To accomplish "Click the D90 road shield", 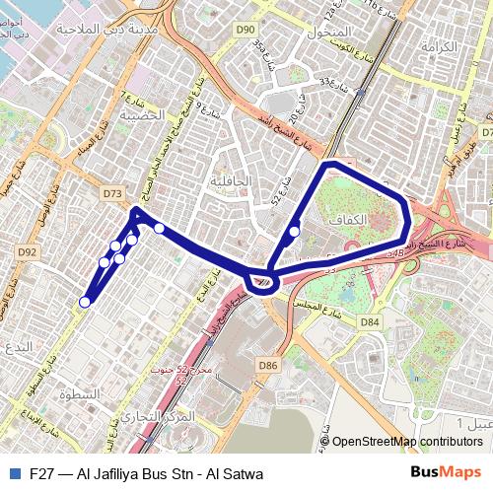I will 246,31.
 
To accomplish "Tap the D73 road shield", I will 111,194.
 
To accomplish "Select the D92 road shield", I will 28,252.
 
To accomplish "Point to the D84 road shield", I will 370,321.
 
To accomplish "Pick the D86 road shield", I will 268,365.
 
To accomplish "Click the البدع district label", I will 19,346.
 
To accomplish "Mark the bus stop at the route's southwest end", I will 86,302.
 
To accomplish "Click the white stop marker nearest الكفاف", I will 295,232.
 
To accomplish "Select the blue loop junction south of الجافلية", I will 262,282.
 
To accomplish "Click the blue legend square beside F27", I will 13,473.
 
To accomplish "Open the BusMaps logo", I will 446,472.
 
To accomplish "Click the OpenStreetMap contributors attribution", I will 406,442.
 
